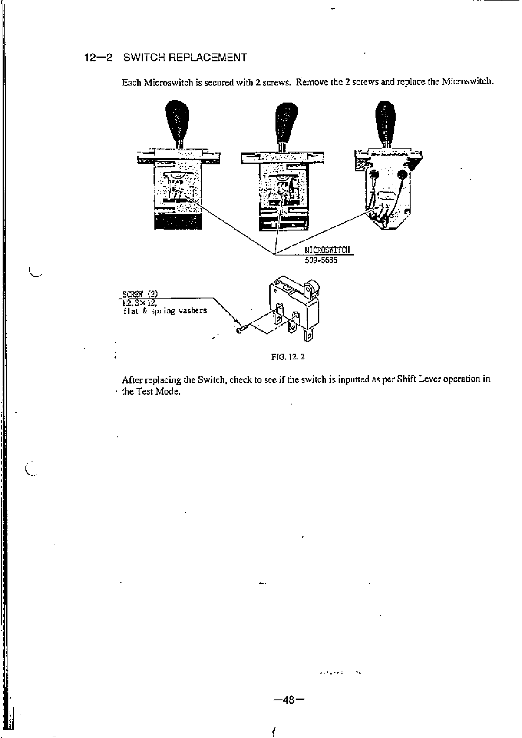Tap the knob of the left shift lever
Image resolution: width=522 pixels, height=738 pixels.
click(x=177, y=118)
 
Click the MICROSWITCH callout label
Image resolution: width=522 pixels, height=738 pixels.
click(x=328, y=250)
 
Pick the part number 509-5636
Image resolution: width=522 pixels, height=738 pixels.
click(x=321, y=260)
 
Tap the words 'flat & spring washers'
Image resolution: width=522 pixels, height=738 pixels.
click(x=165, y=311)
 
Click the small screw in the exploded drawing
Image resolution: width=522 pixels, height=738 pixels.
click(x=243, y=328)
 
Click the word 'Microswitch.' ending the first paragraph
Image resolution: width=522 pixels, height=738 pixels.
click(x=468, y=82)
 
